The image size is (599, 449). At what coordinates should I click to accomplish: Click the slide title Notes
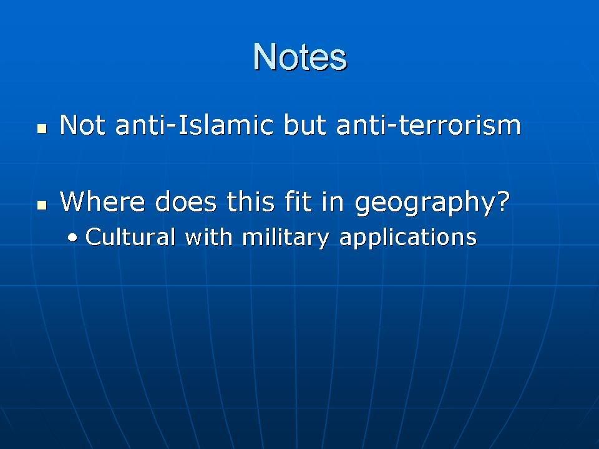(x=300, y=57)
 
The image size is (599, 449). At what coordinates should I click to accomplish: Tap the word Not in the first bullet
(x=82, y=125)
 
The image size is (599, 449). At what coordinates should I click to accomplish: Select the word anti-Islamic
(x=195, y=125)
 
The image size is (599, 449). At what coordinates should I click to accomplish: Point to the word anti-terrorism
(x=429, y=125)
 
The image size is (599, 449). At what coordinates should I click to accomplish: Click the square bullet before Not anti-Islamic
(x=42, y=128)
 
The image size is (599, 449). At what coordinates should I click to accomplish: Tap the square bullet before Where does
(x=42, y=205)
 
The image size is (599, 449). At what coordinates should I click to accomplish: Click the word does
(x=186, y=201)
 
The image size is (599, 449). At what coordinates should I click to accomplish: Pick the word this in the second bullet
(x=251, y=201)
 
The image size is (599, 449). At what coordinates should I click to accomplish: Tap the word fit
(x=298, y=201)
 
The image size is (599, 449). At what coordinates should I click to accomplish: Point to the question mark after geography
(x=503, y=201)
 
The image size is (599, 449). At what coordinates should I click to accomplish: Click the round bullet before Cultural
(x=72, y=238)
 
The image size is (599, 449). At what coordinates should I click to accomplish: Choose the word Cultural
(x=130, y=236)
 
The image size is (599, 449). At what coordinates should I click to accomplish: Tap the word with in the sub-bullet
(x=208, y=236)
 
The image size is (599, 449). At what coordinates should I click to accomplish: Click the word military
(x=285, y=238)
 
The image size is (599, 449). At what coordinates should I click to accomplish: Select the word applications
(x=408, y=238)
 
